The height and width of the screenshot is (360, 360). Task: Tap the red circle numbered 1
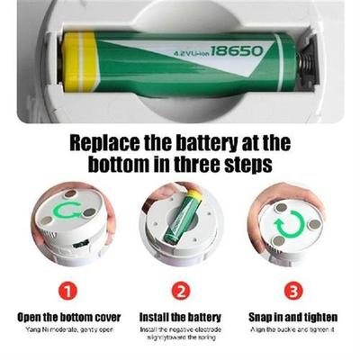pyautogui.click(x=68, y=291)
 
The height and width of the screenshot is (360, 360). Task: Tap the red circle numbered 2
pyautogui.click(x=181, y=291)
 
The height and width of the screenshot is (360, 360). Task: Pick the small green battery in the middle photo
pyautogui.click(x=185, y=217)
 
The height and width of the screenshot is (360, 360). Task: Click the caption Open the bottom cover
pyautogui.click(x=68, y=317)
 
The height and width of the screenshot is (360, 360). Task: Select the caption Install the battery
pyautogui.click(x=180, y=317)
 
